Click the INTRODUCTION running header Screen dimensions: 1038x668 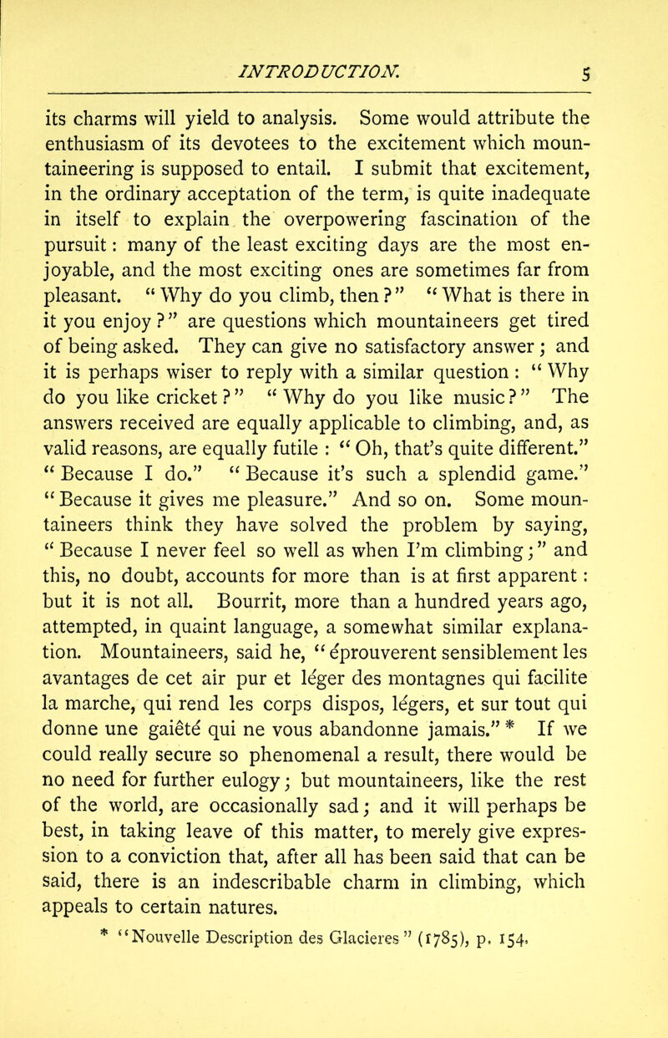(x=329, y=42)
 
